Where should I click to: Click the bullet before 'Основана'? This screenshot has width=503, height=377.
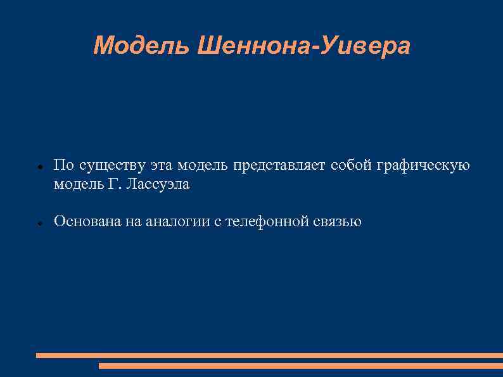(39, 224)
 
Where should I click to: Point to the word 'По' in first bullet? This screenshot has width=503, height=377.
(62, 165)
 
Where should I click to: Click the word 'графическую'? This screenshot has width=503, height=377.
(423, 166)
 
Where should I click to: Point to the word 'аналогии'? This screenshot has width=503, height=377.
(174, 222)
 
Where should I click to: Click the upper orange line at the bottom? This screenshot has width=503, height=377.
(269, 355)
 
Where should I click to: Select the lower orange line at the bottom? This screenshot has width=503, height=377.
(301, 366)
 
